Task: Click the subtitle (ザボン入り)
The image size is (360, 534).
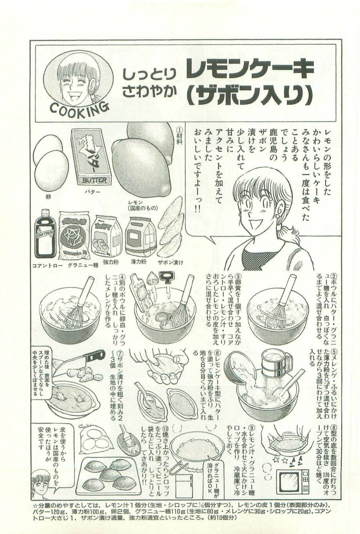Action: point(249,95)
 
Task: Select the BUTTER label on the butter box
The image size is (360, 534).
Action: point(95,180)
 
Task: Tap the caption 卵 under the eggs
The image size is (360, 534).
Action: point(48,197)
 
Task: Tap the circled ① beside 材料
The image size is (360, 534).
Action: point(179,130)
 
